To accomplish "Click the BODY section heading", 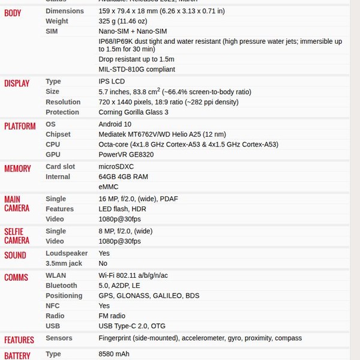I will (13, 13).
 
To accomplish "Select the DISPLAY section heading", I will (17, 83).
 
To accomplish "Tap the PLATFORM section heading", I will (20, 126).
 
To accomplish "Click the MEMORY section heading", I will (17, 169).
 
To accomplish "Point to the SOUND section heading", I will (15, 255).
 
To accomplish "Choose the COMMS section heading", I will (16, 277).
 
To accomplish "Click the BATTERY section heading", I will (17, 355).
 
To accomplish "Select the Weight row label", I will (57, 21).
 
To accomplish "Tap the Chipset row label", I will (58, 134).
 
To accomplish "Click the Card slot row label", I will (60, 167).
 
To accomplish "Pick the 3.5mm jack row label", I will (64, 263).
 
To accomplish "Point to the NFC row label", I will (52, 306).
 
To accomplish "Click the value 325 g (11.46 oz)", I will (122, 21).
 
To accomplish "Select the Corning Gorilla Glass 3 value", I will (133, 112).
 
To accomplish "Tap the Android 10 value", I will (115, 124).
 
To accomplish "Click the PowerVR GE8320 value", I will (126, 155).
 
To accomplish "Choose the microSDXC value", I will (116, 167).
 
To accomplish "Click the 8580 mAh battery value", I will (114, 354).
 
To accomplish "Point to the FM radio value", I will (112, 316).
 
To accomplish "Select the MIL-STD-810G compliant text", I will (137, 69).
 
